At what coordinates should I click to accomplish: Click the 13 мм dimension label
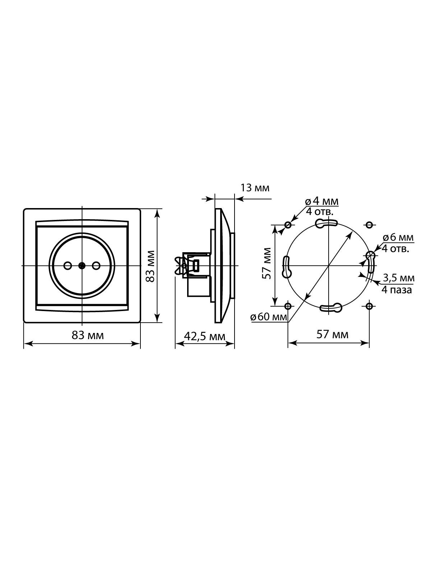[255, 188]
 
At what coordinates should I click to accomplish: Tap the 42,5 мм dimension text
[204, 336]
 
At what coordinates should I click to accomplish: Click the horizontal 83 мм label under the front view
[88, 335]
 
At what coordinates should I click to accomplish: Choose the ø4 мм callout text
[321, 201]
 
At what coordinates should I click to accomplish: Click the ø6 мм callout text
[398, 237]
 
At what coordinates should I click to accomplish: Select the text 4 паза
[397, 290]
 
